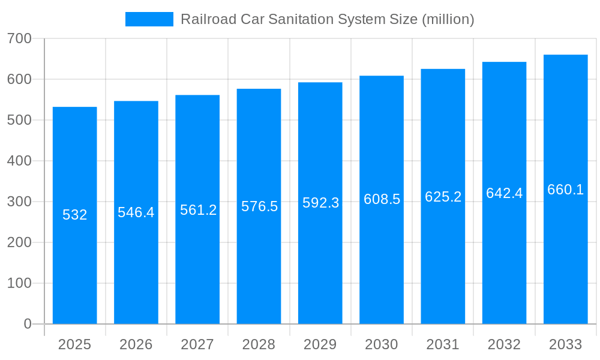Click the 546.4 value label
[x=136, y=212]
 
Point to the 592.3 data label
[x=320, y=203]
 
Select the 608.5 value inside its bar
[x=382, y=199]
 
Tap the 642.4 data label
[x=504, y=193]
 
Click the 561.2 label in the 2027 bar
[x=198, y=210]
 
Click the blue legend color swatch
[x=149, y=19]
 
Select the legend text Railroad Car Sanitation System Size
[x=299, y=19]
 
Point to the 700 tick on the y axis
[x=19, y=38]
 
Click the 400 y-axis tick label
[x=19, y=161]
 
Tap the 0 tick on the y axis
[x=28, y=324]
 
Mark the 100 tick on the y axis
[x=19, y=283]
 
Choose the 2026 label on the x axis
[x=136, y=344]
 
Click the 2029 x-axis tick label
[x=320, y=344]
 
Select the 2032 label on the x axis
[x=504, y=344]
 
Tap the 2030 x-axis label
[x=382, y=344]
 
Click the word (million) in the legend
[x=448, y=19]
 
